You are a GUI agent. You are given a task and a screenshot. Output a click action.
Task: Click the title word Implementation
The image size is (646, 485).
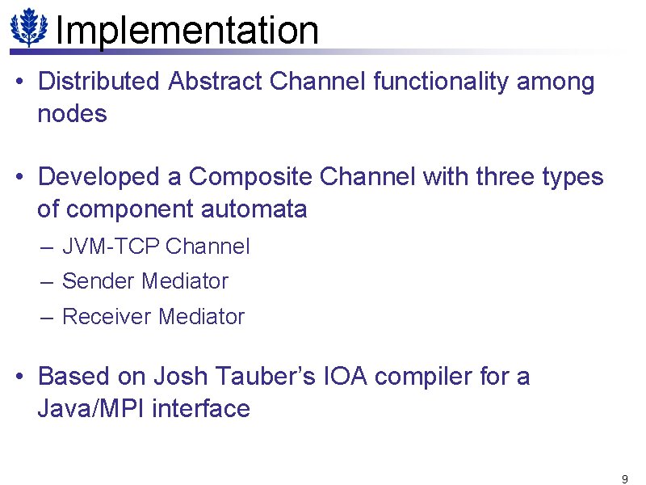(x=187, y=31)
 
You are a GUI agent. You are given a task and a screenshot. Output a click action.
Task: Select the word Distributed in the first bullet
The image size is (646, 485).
(x=101, y=82)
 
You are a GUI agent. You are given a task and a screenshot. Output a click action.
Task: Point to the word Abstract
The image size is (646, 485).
(x=216, y=82)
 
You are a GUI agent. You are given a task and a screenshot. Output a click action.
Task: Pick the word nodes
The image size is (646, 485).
(x=72, y=115)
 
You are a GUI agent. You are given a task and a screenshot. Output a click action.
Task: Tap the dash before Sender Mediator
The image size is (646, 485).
(x=47, y=281)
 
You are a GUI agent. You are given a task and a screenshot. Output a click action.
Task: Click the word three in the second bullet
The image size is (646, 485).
(x=505, y=177)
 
